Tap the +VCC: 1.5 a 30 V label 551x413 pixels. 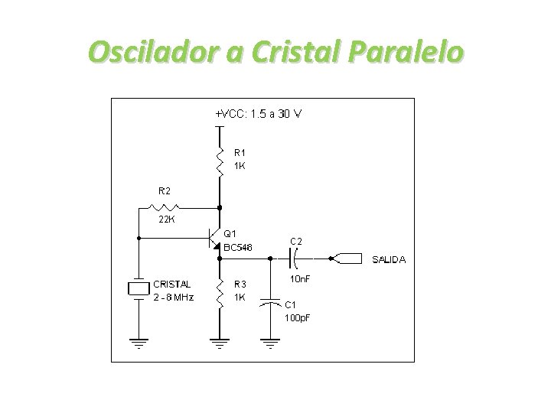[x=258, y=114]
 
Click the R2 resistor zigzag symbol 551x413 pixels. [x=165, y=206]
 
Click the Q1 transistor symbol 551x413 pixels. [x=214, y=239]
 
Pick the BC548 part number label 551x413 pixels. [x=238, y=246]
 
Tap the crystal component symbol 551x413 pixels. [x=139, y=288]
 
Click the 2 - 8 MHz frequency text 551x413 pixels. [x=174, y=298]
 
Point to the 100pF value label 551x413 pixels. [x=298, y=317]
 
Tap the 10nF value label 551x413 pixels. [x=300, y=279]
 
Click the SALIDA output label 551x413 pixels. [x=389, y=260]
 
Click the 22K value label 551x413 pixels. [x=166, y=220]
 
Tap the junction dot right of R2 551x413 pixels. [x=220, y=206]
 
